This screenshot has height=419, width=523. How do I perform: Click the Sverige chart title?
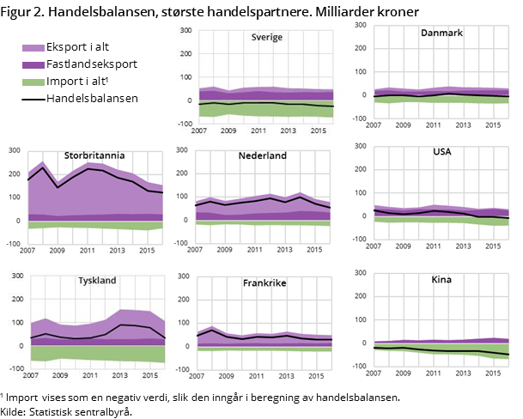tap(269, 38)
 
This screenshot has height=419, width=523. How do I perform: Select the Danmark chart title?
tap(441, 33)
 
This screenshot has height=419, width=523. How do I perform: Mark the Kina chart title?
tap(443, 281)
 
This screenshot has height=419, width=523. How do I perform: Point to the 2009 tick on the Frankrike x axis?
tap(227, 376)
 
